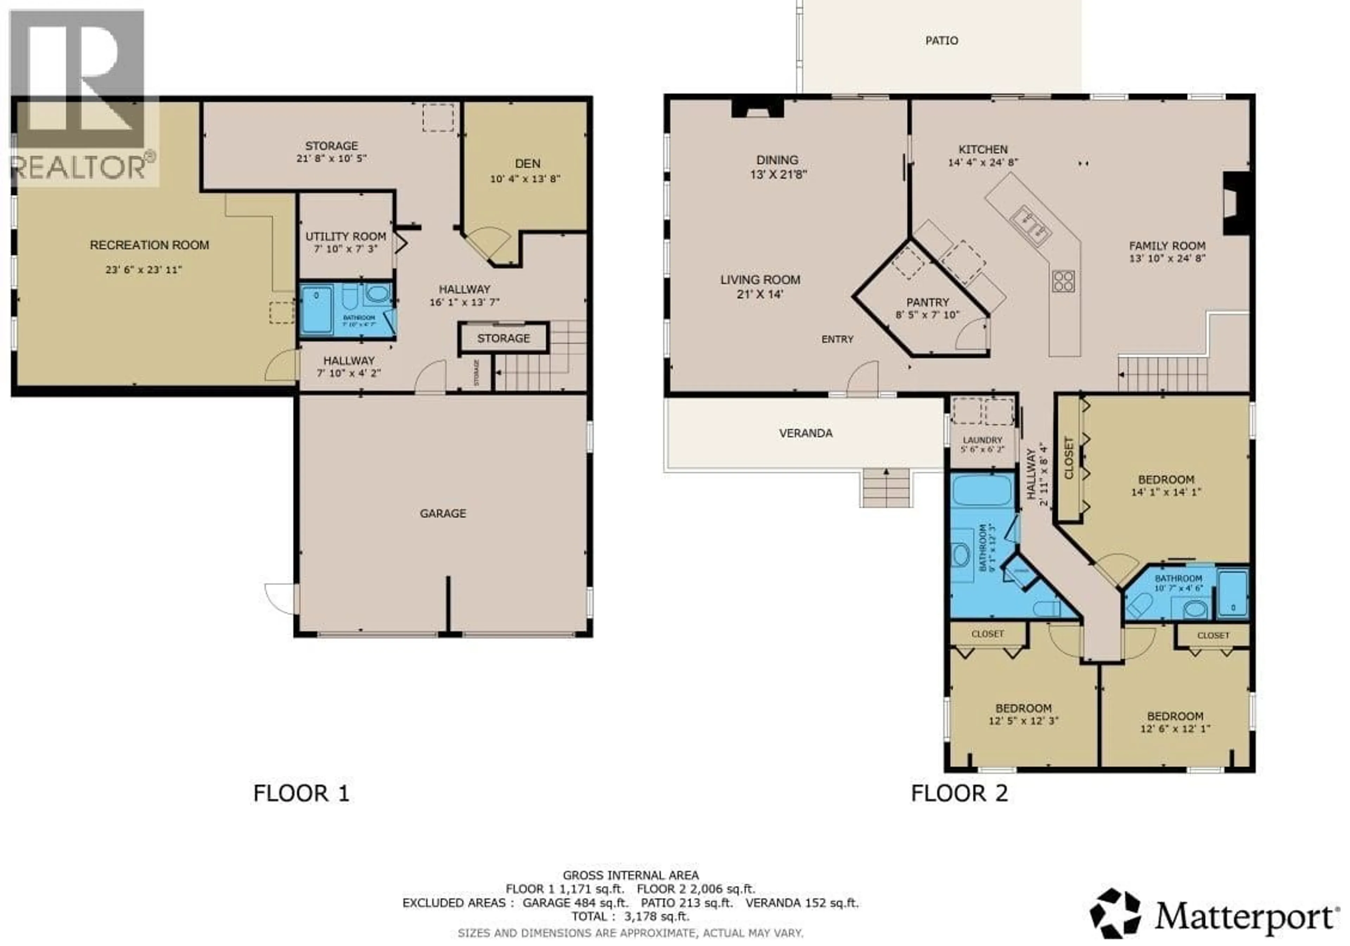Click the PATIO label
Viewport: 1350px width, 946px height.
point(941,40)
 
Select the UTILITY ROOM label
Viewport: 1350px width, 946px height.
point(346,236)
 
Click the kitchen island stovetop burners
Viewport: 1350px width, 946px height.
point(1063,281)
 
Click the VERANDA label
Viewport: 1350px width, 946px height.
point(805,433)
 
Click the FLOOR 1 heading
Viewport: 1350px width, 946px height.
point(301,793)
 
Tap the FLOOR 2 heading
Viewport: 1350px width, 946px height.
point(959,793)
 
